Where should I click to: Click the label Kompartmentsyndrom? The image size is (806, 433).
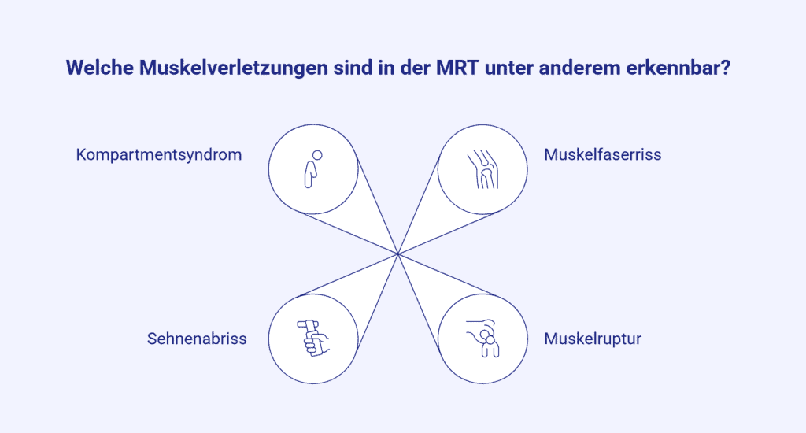pos(159,155)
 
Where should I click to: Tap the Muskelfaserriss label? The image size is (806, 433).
pos(602,154)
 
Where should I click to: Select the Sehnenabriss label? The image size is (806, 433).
pos(197,339)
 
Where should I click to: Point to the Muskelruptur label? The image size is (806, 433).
pos(593,339)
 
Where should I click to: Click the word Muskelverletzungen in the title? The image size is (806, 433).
pos(233,68)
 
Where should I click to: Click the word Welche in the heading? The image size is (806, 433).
pos(100,68)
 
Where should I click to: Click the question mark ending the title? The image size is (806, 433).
pos(725,68)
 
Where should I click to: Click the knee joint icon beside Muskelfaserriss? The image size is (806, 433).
pos(482,169)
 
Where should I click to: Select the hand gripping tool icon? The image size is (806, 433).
pos(313,338)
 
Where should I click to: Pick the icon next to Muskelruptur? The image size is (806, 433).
pos(482,338)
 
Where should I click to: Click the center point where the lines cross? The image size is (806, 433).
pos(397,254)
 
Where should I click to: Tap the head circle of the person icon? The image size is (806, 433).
pos(318,155)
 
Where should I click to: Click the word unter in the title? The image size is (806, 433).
pos(509,68)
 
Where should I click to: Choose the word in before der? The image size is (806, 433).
pos(387,68)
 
